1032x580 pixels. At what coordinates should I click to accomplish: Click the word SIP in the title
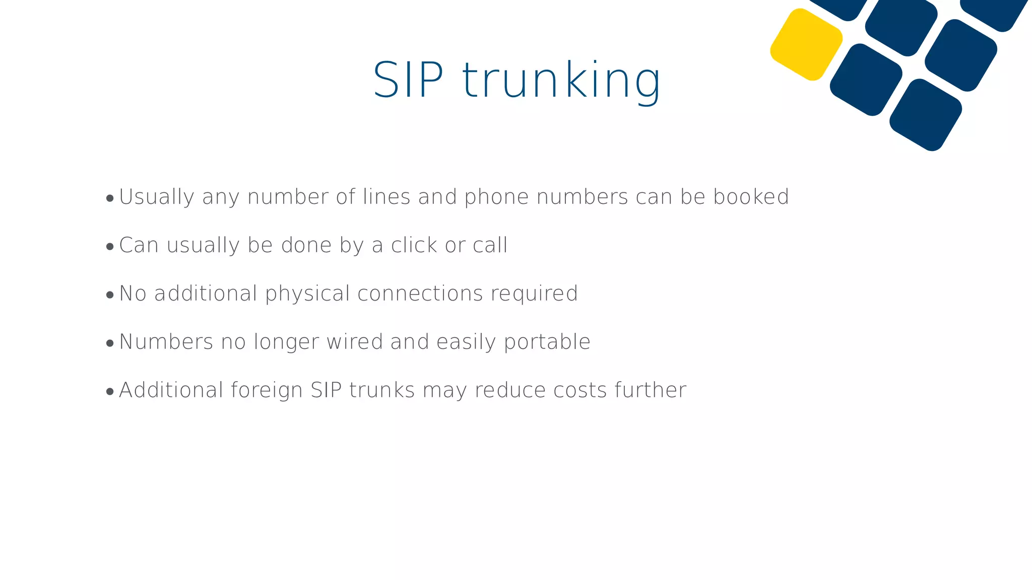pyautogui.click(x=408, y=81)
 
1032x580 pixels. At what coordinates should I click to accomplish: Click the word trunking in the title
pyautogui.click(x=561, y=81)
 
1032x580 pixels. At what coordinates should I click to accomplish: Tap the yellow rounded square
pyautogui.click(x=806, y=44)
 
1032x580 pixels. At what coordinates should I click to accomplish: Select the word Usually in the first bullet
pyautogui.click(x=157, y=197)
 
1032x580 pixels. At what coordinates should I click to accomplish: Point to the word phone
pyautogui.click(x=496, y=197)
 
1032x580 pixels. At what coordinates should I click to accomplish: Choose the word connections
pyautogui.click(x=420, y=294)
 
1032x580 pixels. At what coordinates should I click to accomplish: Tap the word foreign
pyautogui.click(x=267, y=390)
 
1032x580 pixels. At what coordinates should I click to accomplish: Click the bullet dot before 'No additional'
pyautogui.click(x=110, y=295)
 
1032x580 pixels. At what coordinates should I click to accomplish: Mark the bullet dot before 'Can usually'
pyautogui.click(x=110, y=247)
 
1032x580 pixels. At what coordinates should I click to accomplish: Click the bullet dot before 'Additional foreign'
pyautogui.click(x=110, y=392)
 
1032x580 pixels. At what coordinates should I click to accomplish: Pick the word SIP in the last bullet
pyautogui.click(x=326, y=390)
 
